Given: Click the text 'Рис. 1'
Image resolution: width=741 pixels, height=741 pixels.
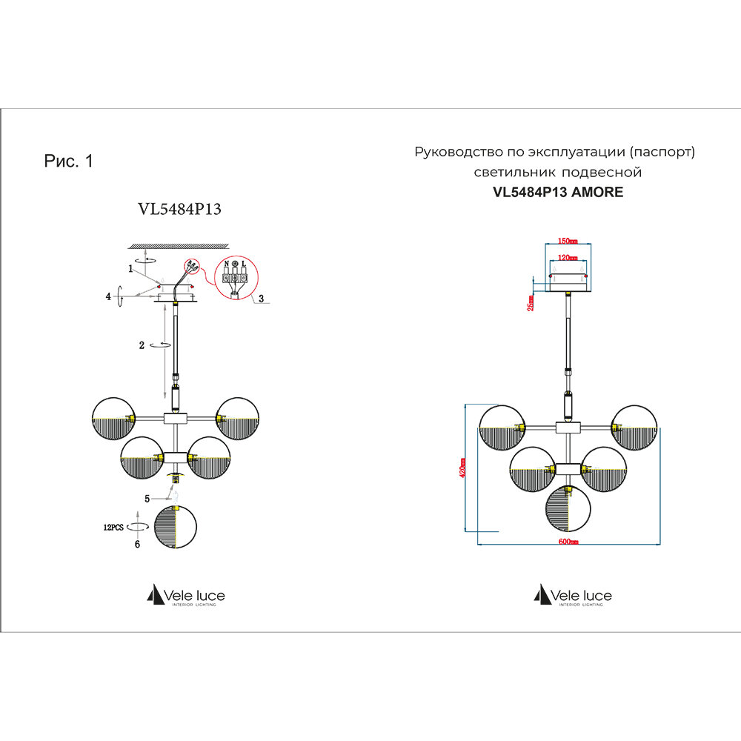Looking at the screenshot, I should [x=69, y=162].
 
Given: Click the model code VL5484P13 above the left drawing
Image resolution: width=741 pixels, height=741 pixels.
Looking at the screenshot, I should [x=180, y=209].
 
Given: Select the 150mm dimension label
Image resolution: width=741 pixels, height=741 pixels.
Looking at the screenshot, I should [x=568, y=241].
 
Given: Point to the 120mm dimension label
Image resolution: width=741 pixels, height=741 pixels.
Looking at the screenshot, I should [x=568, y=259].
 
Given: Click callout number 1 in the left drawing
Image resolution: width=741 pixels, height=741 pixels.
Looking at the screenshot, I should [x=130, y=269].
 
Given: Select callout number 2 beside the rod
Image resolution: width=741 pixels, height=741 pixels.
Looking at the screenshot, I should [x=141, y=345].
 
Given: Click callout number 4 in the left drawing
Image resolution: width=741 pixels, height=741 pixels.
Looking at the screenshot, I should [x=108, y=296].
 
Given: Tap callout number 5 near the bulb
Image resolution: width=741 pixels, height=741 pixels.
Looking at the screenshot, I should [x=147, y=498].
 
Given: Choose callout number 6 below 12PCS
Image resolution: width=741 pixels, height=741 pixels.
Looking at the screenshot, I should [x=136, y=543].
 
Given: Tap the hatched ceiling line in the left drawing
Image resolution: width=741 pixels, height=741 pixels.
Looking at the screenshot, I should [x=177, y=245].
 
